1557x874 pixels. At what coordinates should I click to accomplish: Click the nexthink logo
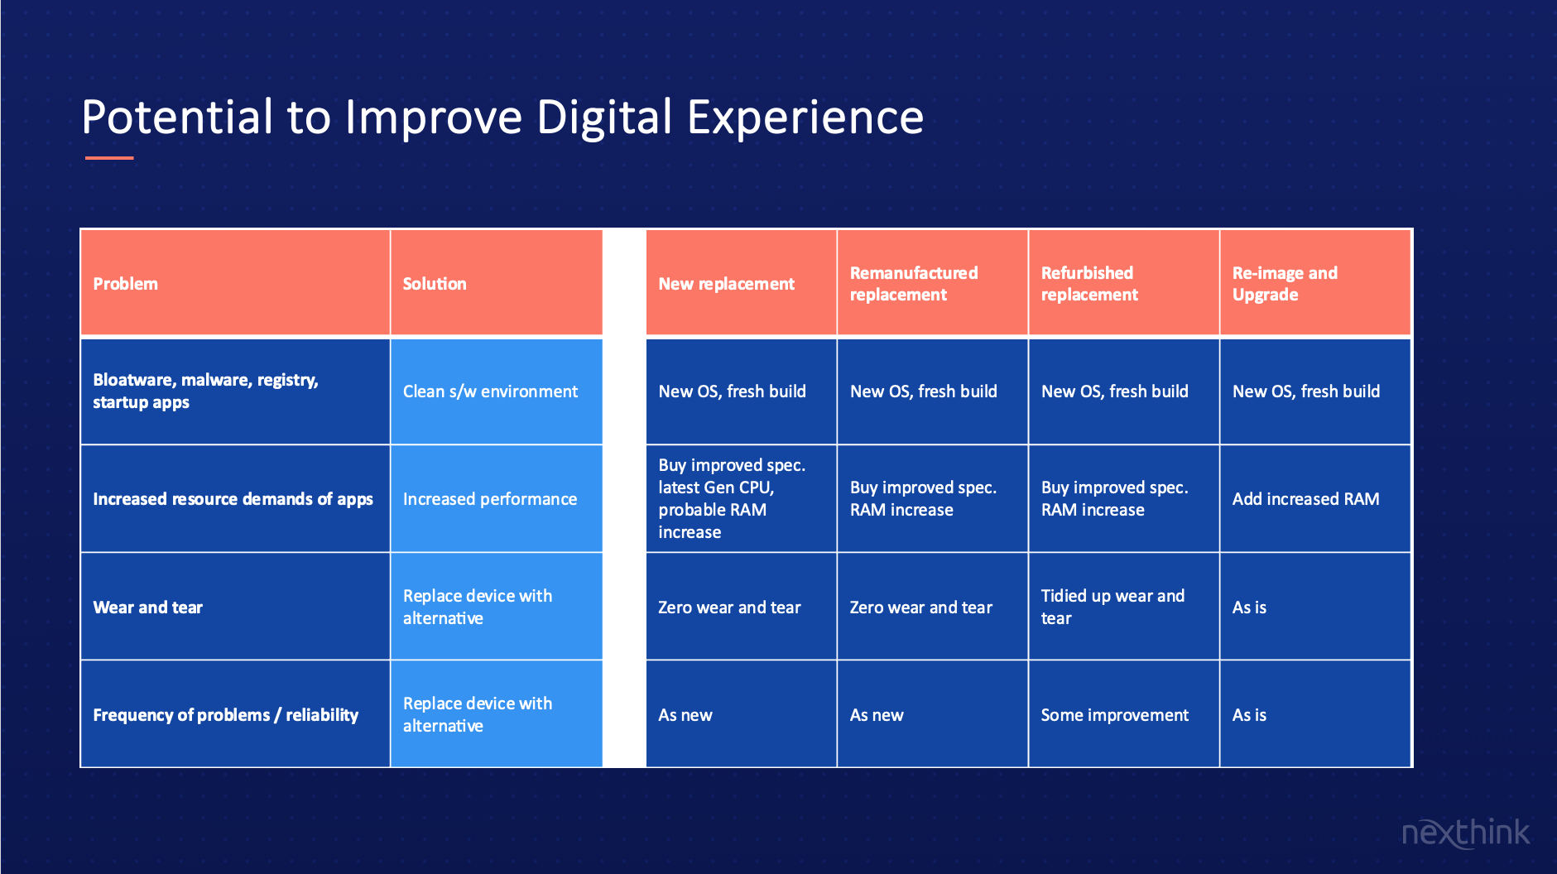pos(1466,833)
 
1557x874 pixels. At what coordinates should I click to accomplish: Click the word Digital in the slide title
pos(604,118)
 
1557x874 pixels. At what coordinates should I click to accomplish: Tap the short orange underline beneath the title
pos(109,157)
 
